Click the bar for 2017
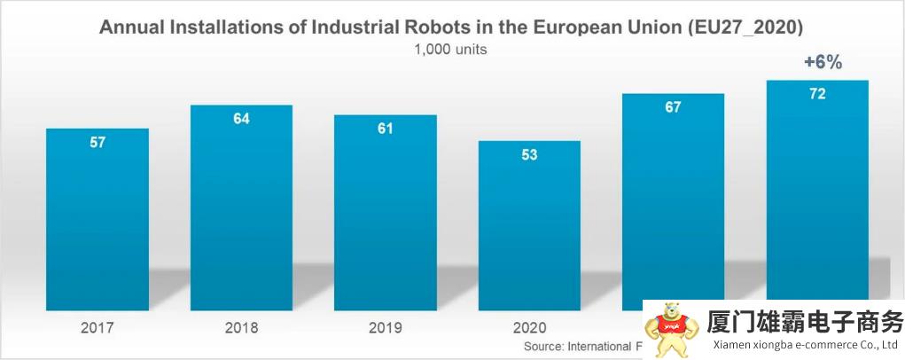(98, 222)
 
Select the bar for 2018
(241, 208)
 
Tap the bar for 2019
(385, 213)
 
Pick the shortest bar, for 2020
(529, 226)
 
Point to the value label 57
(98, 143)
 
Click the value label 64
(241, 119)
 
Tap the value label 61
(385, 129)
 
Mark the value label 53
(529, 155)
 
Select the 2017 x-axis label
(98, 328)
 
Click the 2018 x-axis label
(241, 328)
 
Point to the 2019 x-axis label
(385, 328)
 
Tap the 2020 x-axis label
(529, 328)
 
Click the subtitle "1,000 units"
(450, 50)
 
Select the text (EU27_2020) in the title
(745, 27)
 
